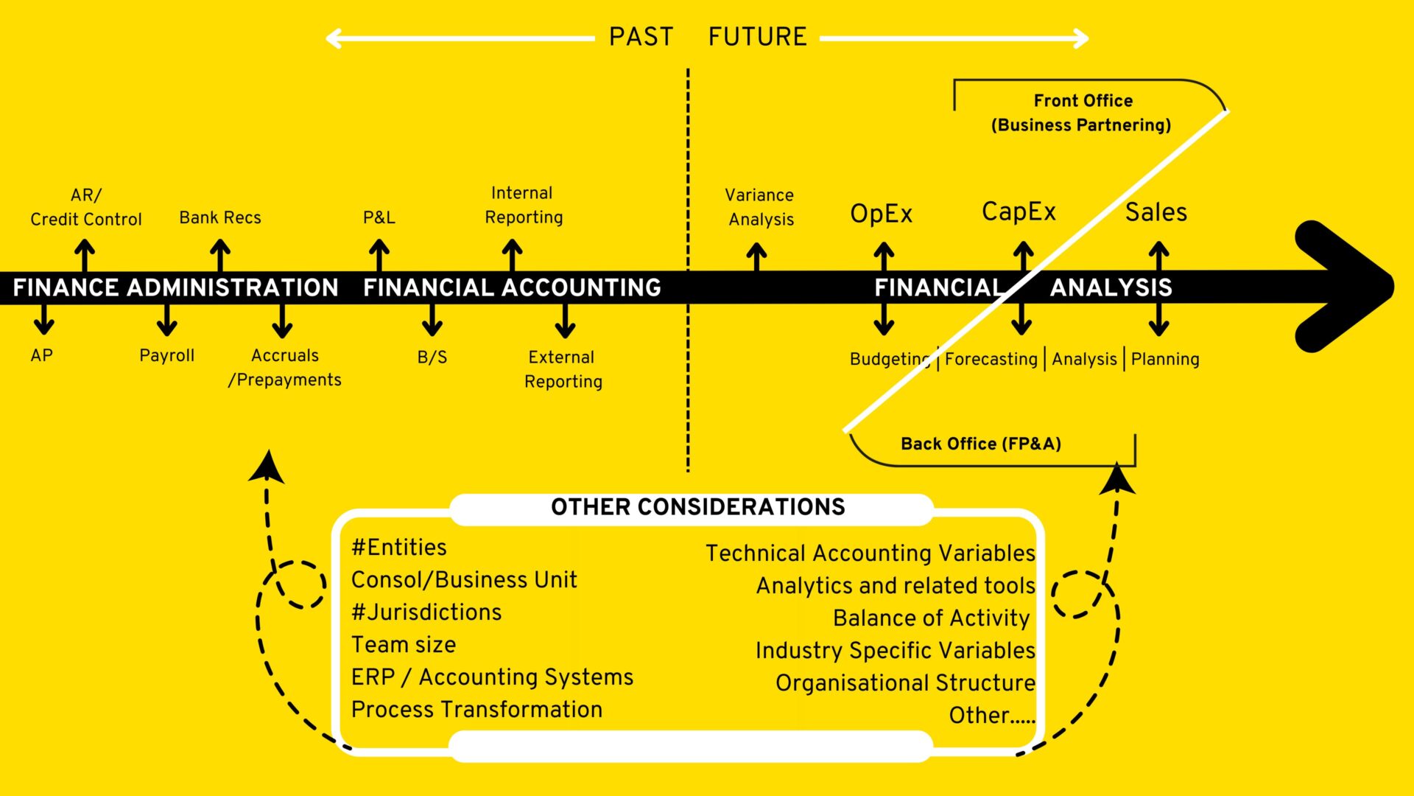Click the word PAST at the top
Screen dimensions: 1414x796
point(641,37)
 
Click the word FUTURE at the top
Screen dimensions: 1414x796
point(757,37)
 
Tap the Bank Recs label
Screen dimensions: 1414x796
point(220,217)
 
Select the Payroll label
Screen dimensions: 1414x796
point(167,355)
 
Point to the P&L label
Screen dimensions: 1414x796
point(379,217)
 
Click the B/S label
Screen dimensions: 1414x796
point(432,357)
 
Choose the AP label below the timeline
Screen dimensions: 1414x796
point(42,355)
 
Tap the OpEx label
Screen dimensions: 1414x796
point(882,214)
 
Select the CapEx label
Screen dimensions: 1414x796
point(1019,212)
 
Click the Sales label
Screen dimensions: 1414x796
point(1156,212)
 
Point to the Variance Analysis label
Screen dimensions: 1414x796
point(760,207)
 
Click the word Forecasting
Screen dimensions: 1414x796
point(991,359)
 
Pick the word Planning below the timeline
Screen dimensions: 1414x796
point(1165,359)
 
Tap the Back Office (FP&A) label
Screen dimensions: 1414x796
point(981,444)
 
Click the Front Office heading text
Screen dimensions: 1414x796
point(1083,100)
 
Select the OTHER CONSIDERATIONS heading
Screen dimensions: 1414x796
point(698,507)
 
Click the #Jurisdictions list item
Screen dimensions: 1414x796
point(426,612)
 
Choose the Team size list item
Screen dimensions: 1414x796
point(404,645)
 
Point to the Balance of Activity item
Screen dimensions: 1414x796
point(932,618)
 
